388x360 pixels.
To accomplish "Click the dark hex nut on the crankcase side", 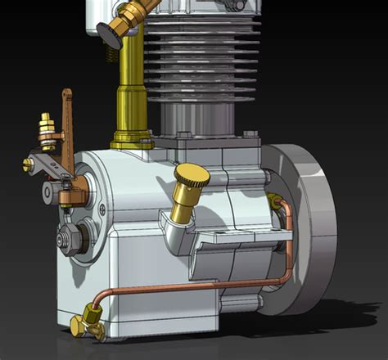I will pyautogui.click(x=65, y=239).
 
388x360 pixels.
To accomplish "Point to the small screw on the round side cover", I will pyautogui.click(x=102, y=209).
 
